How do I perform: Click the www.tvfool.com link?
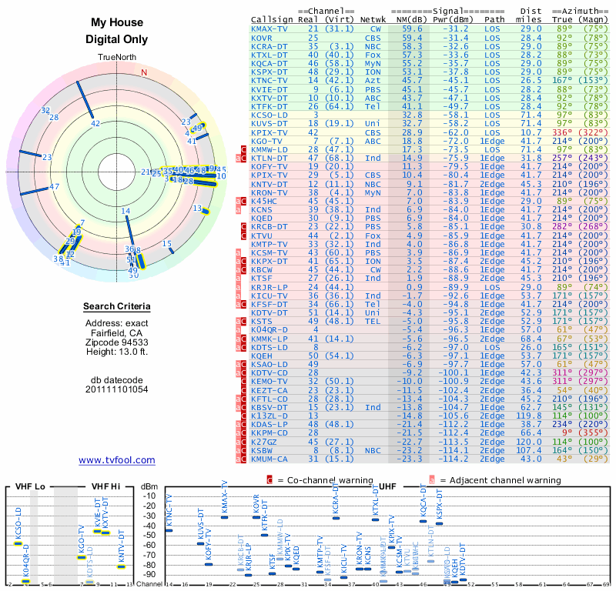[116, 460]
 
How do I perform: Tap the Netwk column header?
[373, 19]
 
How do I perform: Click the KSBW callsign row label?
[263, 449]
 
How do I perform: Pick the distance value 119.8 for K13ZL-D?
[531, 415]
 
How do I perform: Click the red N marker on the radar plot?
[143, 72]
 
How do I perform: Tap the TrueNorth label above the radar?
[116, 58]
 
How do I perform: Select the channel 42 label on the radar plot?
[95, 123]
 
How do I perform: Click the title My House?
[116, 23]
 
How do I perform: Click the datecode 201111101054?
[116, 389]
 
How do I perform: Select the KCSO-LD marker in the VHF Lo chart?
[18, 543]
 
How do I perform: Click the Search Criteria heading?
[116, 307]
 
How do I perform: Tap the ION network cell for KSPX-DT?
[373, 72]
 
